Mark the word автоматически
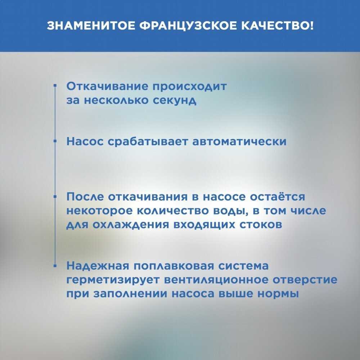[240, 141]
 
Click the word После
[85, 197]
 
